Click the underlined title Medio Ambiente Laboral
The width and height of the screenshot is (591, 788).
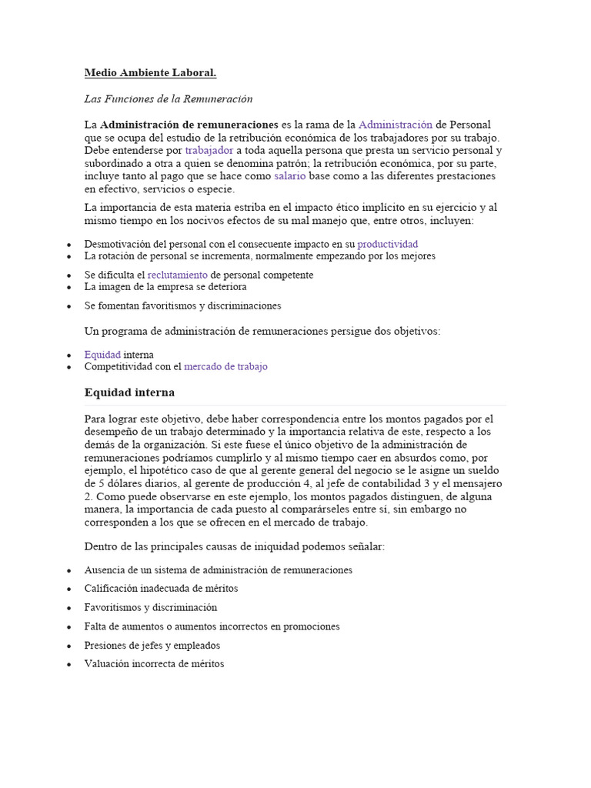150,73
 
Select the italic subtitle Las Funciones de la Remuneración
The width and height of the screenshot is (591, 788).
168,99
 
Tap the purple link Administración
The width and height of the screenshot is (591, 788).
395,124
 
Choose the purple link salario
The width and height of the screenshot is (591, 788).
289,176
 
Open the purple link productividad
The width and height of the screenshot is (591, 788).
388,244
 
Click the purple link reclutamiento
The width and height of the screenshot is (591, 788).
177,275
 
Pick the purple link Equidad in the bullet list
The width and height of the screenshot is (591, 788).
102,355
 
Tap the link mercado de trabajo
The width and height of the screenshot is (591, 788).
225,367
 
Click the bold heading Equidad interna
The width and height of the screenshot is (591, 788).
129,392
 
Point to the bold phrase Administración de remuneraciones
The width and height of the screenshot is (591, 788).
189,124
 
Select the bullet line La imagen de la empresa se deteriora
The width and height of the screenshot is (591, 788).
165,287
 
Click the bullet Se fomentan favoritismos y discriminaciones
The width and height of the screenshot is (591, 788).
182,306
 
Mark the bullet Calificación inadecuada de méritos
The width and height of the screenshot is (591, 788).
161,589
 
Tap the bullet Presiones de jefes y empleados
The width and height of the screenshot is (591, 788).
152,646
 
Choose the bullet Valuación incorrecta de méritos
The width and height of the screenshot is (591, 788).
154,664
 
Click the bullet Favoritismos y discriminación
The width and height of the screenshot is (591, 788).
151,608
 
